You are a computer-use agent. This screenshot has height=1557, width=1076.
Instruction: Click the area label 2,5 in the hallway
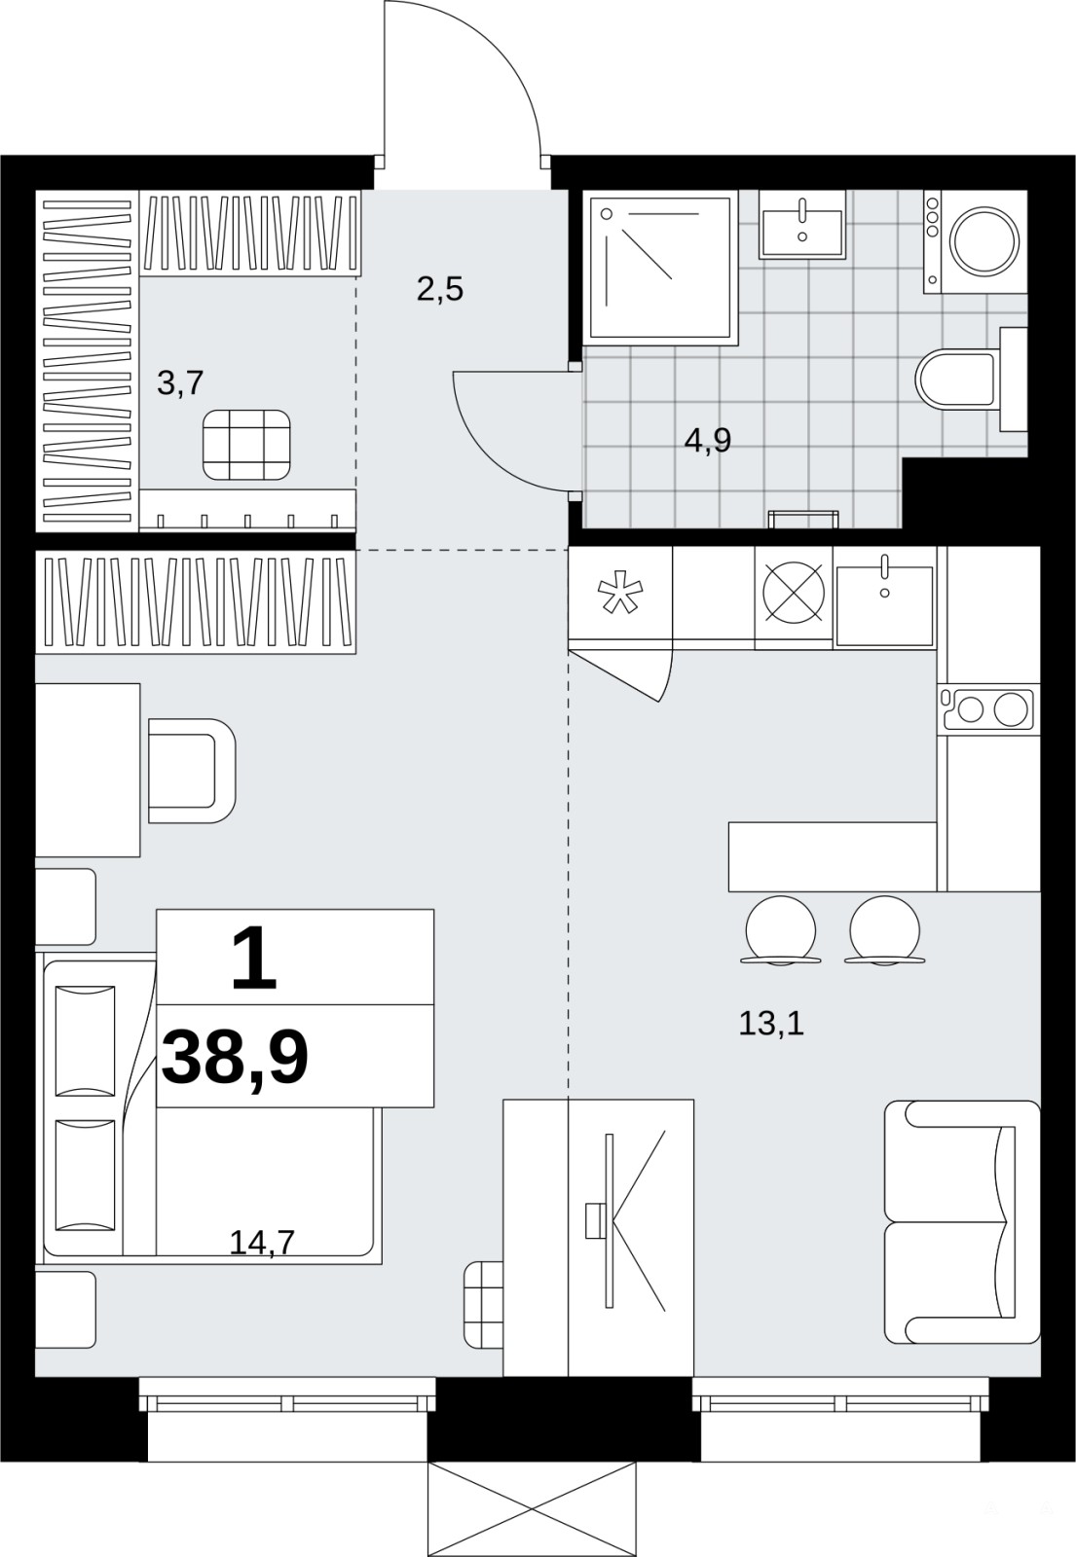439,288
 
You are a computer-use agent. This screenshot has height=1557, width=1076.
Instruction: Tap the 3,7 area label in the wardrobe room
180,383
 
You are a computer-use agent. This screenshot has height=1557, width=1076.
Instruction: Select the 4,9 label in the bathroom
707,441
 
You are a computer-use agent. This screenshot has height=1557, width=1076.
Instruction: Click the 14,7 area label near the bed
262,1242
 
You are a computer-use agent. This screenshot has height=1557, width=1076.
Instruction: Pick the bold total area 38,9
235,1059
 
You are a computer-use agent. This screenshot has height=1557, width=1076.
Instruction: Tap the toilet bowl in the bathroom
956,380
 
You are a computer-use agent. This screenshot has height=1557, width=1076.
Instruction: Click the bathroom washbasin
802,225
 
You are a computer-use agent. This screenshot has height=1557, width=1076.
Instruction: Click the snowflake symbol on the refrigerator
620,593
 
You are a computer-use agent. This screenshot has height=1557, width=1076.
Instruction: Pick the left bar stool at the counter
780,930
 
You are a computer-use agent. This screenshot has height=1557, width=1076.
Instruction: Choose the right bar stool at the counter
885,930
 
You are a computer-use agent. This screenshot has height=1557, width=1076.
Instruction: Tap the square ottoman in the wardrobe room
247,445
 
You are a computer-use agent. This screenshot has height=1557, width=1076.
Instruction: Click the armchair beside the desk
192,771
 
